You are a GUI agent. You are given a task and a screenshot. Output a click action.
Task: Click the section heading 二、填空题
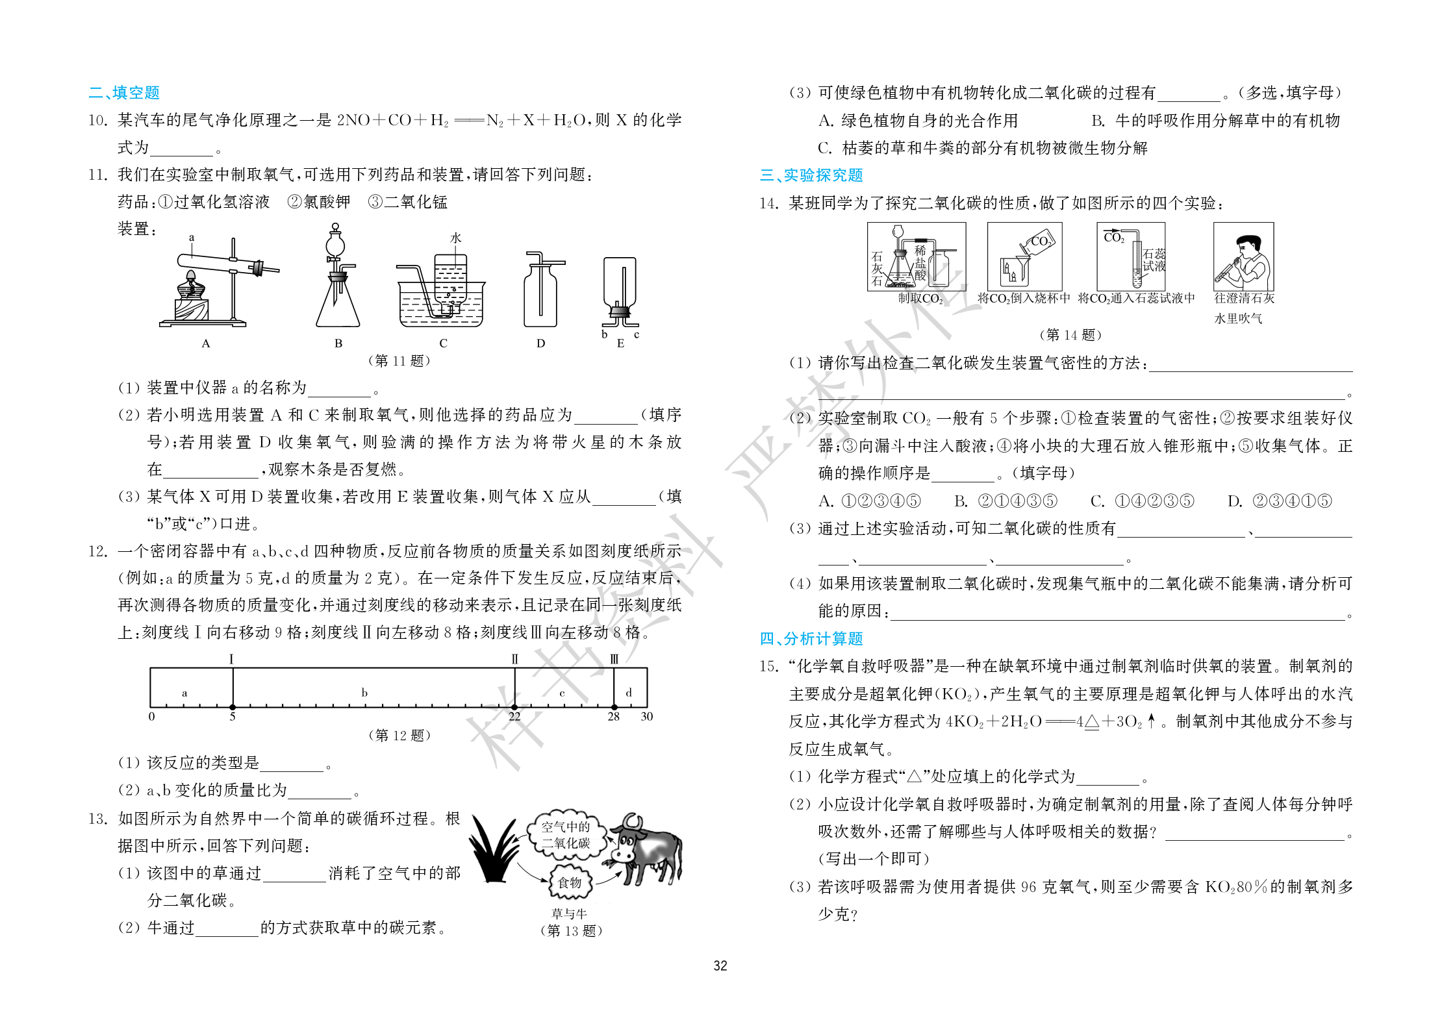click(x=124, y=93)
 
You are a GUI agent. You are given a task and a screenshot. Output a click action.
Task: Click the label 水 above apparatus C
click(x=455, y=238)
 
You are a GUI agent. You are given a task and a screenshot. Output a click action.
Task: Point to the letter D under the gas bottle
click(x=540, y=343)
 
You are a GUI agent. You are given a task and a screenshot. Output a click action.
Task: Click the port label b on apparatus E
click(x=604, y=334)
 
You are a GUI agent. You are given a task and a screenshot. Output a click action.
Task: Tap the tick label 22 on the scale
click(x=514, y=717)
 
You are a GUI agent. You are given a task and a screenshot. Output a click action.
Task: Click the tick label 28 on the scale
click(x=613, y=717)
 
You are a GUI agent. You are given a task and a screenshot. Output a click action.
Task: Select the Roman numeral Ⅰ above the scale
click(x=232, y=659)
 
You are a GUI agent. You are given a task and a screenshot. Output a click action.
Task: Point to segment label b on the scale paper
click(x=364, y=693)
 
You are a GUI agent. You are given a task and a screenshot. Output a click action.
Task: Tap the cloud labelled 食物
click(x=570, y=882)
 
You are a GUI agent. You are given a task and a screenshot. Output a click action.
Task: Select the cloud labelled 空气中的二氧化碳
click(x=566, y=835)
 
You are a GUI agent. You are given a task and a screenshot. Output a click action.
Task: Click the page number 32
click(x=720, y=965)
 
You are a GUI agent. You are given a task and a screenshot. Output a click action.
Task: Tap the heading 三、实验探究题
click(x=811, y=175)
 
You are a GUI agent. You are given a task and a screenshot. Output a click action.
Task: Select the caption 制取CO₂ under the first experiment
click(x=920, y=299)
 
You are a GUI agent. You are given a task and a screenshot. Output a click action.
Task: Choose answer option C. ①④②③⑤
click(x=1142, y=501)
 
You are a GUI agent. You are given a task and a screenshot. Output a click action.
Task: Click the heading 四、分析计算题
click(x=811, y=639)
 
